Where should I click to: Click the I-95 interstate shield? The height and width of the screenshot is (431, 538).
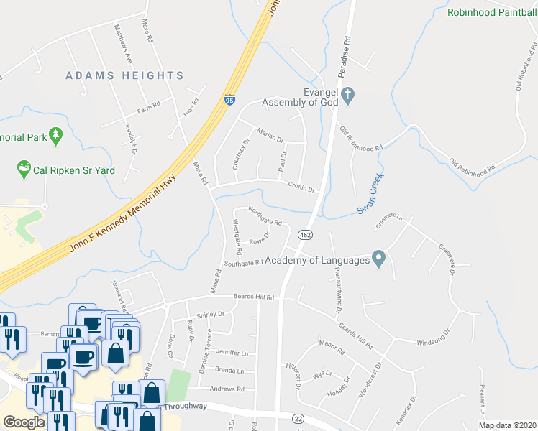point(229,101)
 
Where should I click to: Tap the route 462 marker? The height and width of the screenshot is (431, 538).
point(305,235)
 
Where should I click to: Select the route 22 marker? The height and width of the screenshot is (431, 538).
point(297,418)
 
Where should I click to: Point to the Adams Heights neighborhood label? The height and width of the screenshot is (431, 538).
point(124,75)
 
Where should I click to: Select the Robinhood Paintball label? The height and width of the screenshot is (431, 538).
point(492,12)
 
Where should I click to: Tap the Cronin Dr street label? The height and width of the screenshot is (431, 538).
point(302,187)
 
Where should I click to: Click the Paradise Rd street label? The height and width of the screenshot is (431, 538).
point(347,48)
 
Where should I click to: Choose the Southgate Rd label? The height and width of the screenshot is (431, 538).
point(242,264)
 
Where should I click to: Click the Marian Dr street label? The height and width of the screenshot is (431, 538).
point(270,134)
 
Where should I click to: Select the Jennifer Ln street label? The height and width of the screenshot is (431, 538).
point(232,353)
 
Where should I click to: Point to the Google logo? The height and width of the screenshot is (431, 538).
point(24,422)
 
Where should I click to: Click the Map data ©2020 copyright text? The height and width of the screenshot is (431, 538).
point(507,425)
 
